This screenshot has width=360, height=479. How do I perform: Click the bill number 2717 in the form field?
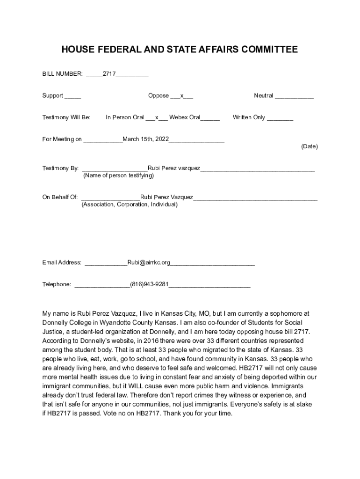(109, 74)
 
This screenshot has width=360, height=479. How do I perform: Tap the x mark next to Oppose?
(182, 96)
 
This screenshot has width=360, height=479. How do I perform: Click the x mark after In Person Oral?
(157, 117)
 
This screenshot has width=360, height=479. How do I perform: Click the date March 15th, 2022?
(145, 139)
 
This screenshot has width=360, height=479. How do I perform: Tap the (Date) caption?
(310, 146)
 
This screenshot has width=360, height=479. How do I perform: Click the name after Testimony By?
(174, 168)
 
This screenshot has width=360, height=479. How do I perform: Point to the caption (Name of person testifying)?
(118, 176)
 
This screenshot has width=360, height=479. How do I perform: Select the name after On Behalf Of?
(166, 197)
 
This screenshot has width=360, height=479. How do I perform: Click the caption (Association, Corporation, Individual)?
(130, 205)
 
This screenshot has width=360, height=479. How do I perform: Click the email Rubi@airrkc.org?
(149, 262)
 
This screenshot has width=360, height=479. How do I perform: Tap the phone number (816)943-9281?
(149, 284)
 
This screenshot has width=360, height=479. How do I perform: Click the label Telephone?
(57, 284)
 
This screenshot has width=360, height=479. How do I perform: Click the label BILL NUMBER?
(63, 74)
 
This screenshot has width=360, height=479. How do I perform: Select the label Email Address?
(62, 262)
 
